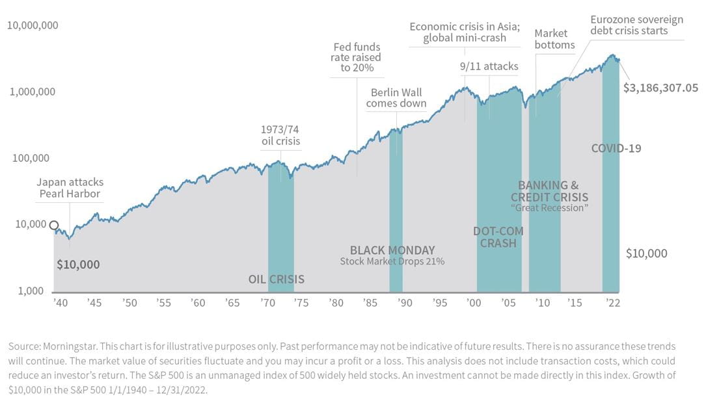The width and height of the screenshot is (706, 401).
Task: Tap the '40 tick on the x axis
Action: [x=59, y=303]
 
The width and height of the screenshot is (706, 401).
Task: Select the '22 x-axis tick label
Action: [x=612, y=303]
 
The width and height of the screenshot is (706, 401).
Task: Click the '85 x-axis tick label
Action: [x=371, y=303]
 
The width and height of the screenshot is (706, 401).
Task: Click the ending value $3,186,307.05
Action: [x=660, y=87]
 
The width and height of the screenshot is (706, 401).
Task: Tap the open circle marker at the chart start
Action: [x=54, y=226]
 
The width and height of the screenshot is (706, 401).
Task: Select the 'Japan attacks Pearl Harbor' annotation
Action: [x=70, y=188]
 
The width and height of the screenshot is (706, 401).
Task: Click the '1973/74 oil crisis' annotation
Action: [x=280, y=135]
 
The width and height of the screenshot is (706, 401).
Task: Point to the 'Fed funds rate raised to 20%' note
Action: [x=357, y=57]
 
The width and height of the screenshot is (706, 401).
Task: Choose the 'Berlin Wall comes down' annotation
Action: [x=396, y=97]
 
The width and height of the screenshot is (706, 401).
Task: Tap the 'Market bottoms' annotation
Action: [x=554, y=39]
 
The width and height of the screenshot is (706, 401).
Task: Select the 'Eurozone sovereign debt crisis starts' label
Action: [x=636, y=25]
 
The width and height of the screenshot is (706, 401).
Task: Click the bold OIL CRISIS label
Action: [x=277, y=279]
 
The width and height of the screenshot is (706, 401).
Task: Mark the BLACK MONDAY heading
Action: [x=392, y=250]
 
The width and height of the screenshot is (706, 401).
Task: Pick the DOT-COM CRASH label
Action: [x=498, y=237]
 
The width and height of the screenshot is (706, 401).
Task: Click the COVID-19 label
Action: [x=616, y=148]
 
